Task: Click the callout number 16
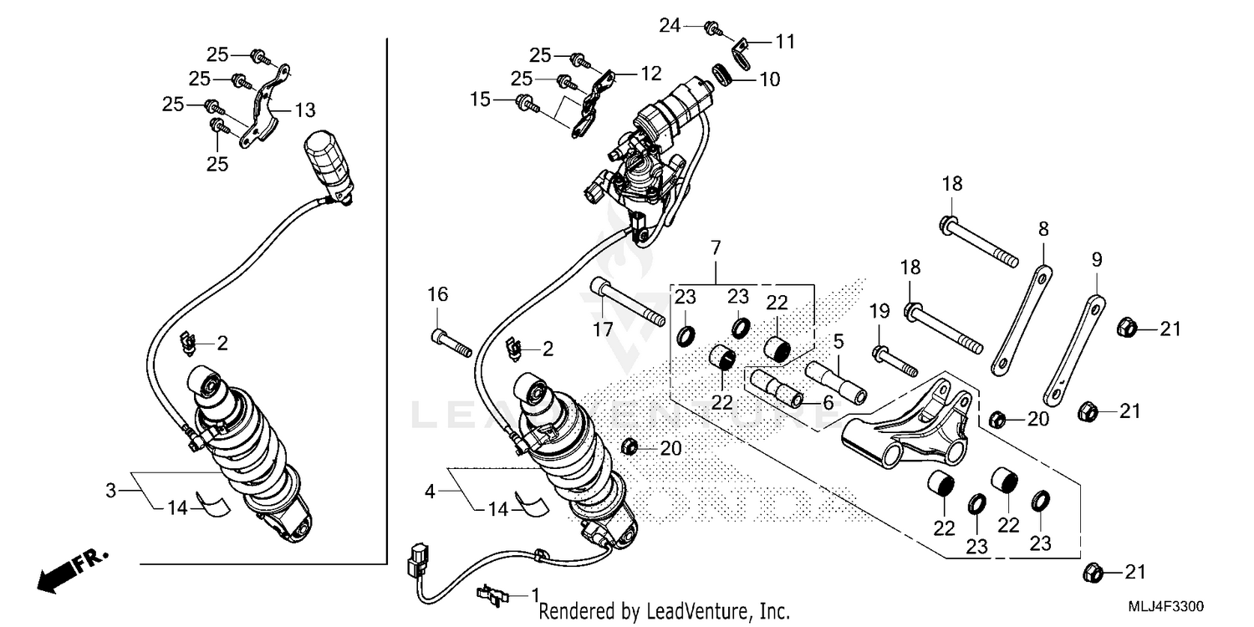(438, 294)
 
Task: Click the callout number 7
(716, 247)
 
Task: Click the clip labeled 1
(493, 594)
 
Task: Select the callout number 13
(305, 110)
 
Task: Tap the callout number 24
(670, 27)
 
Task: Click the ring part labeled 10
(724, 74)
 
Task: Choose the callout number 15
(480, 100)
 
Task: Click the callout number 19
(878, 313)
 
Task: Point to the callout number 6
(828, 402)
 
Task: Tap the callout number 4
(431, 492)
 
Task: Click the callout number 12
(650, 73)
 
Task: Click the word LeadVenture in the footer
(688, 613)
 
